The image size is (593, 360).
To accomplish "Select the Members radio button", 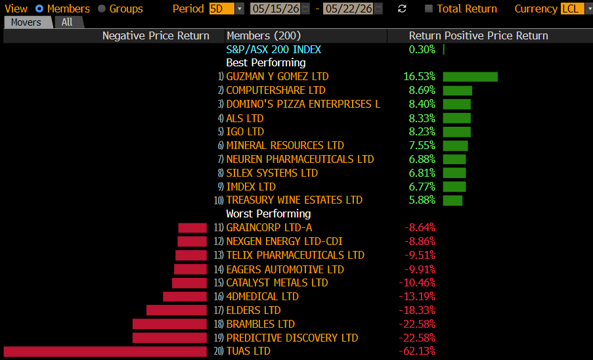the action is click(39, 9).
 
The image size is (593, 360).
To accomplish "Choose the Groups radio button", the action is click(101, 9).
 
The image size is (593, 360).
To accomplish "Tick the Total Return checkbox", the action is click(428, 9).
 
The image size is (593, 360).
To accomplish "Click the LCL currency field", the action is click(573, 9).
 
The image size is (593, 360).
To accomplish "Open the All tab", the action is click(68, 22).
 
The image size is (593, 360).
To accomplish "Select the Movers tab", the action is click(26, 22).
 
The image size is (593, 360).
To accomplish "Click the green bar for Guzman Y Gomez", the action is click(470, 77).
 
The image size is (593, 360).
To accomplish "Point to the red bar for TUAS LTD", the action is click(105, 351).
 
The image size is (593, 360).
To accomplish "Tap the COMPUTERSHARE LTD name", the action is click(276, 91).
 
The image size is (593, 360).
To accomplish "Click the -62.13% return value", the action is click(417, 351).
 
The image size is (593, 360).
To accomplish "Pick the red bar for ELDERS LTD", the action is click(177, 310).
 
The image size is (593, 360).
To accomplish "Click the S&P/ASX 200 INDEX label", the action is click(274, 49).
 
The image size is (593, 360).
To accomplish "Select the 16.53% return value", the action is click(420, 77).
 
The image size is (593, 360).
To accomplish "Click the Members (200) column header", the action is click(263, 36).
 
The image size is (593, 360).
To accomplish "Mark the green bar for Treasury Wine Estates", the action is click(452, 200).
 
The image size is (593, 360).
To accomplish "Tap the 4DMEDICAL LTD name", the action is click(263, 296).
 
